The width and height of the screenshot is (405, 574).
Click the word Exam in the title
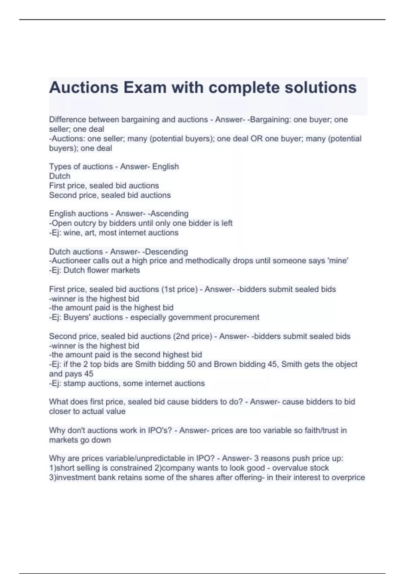pyautogui.click(x=145, y=87)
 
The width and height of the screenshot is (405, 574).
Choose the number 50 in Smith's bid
pyautogui.click(x=191, y=364)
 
